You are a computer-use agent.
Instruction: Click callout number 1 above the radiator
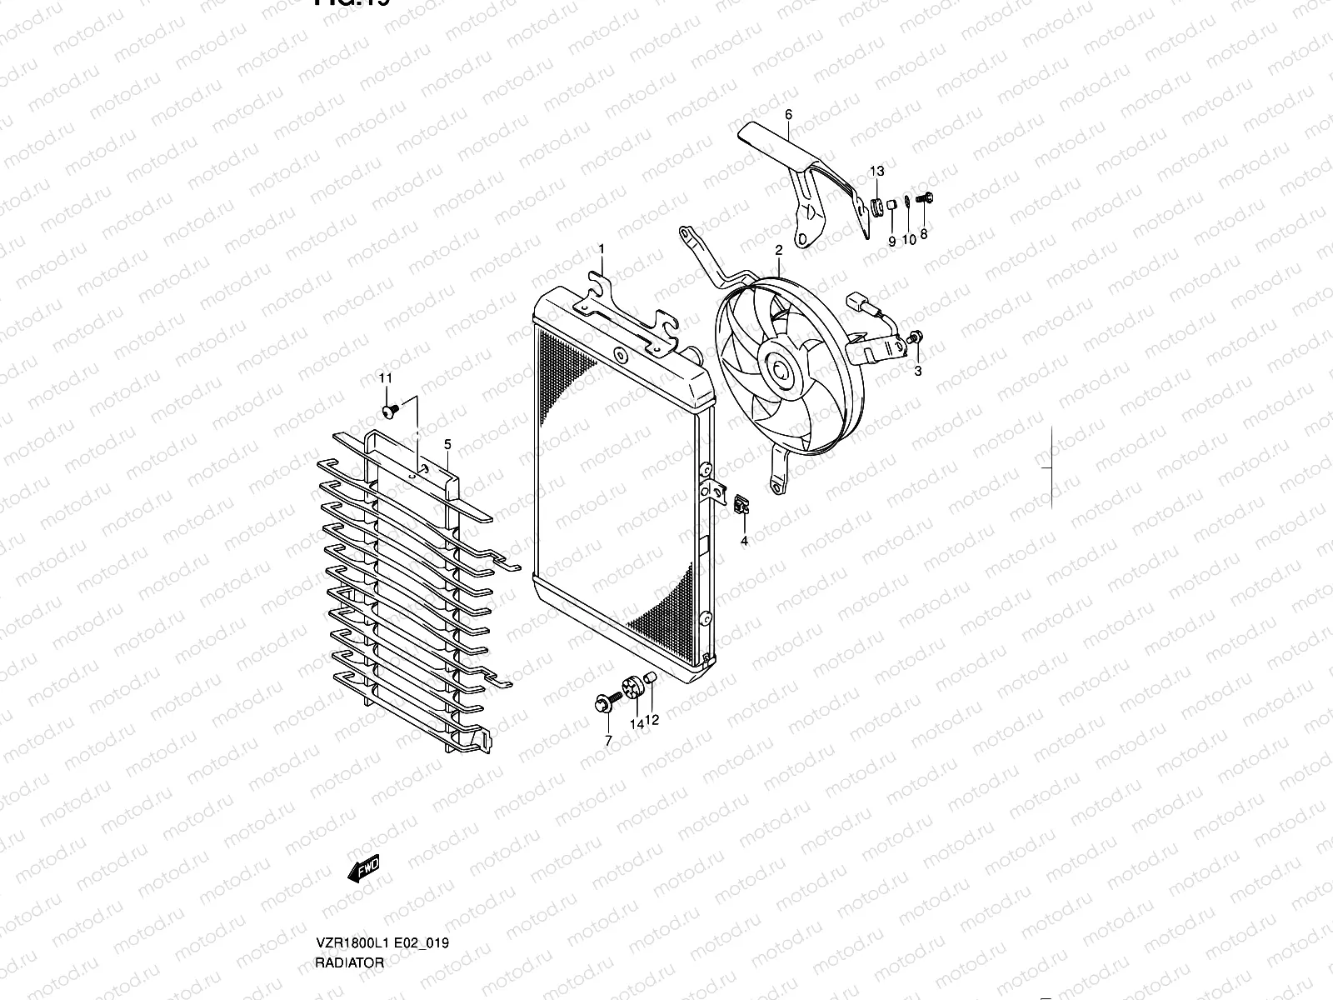pos(602,249)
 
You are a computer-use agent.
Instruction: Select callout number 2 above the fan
pos(778,249)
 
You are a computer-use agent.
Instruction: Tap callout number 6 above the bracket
pos(788,114)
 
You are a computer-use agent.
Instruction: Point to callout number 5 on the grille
pos(447,444)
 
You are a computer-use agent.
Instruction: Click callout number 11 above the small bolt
pos(386,378)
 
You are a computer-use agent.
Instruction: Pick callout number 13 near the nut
pos(877,171)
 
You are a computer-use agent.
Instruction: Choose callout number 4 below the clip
pos(745,541)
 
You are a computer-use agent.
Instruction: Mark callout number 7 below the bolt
pos(608,740)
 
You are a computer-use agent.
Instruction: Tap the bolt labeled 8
pos(924,198)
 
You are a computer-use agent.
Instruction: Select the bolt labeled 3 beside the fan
pos(916,337)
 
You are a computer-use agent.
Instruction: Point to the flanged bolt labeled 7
pos(605,705)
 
